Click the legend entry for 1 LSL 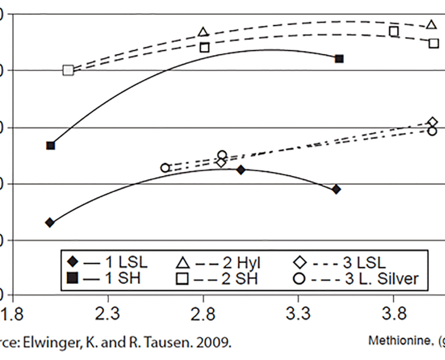[108, 262]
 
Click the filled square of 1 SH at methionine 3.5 [339, 58]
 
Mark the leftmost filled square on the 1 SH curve [51, 145]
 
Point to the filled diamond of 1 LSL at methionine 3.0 [241, 169]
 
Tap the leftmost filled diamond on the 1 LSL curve [50, 222]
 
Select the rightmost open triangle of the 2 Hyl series [432, 25]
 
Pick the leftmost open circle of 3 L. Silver [165, 168]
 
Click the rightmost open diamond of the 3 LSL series [432, 122]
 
